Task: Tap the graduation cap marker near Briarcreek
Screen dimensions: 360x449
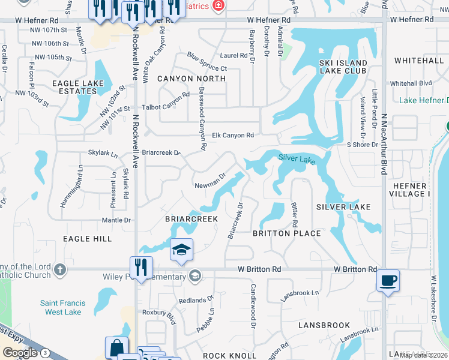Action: pos(181,250)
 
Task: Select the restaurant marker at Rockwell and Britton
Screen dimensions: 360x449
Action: pos(141,268)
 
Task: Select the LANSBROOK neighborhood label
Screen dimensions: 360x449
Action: pos(324,325)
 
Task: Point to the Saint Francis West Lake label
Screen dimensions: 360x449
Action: pos(63,308)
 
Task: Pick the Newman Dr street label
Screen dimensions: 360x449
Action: pos(209,181)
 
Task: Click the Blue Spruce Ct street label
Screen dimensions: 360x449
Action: pos(206,62)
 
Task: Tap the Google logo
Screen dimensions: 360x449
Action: pos(20,353)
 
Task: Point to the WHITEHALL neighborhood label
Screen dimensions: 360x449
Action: pos(418,61)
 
